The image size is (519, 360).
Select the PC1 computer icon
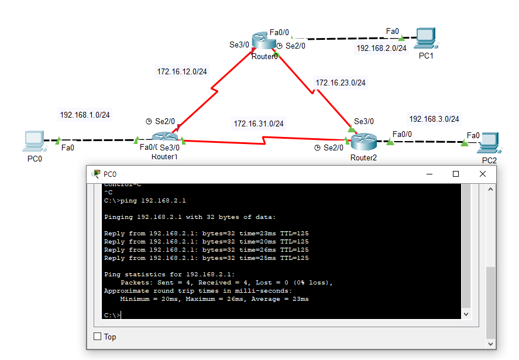(425, 39)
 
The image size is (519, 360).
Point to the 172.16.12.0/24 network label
(182, 71)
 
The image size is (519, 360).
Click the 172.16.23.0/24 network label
(341, 83)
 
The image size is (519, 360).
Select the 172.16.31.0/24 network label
(259, 124)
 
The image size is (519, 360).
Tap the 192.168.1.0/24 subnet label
(85, 115)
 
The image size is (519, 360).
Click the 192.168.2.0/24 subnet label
(381, 48)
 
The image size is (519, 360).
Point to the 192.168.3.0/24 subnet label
(434, 119)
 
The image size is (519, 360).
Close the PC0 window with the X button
(482, 174)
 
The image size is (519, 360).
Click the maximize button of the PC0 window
(455, 174)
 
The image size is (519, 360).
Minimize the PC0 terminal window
(429, 174)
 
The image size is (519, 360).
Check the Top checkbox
(98, 337)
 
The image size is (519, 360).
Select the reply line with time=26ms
(206, 249)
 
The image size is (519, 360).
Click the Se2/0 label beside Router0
(295, 45)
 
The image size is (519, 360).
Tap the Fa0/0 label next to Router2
(402, 134)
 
